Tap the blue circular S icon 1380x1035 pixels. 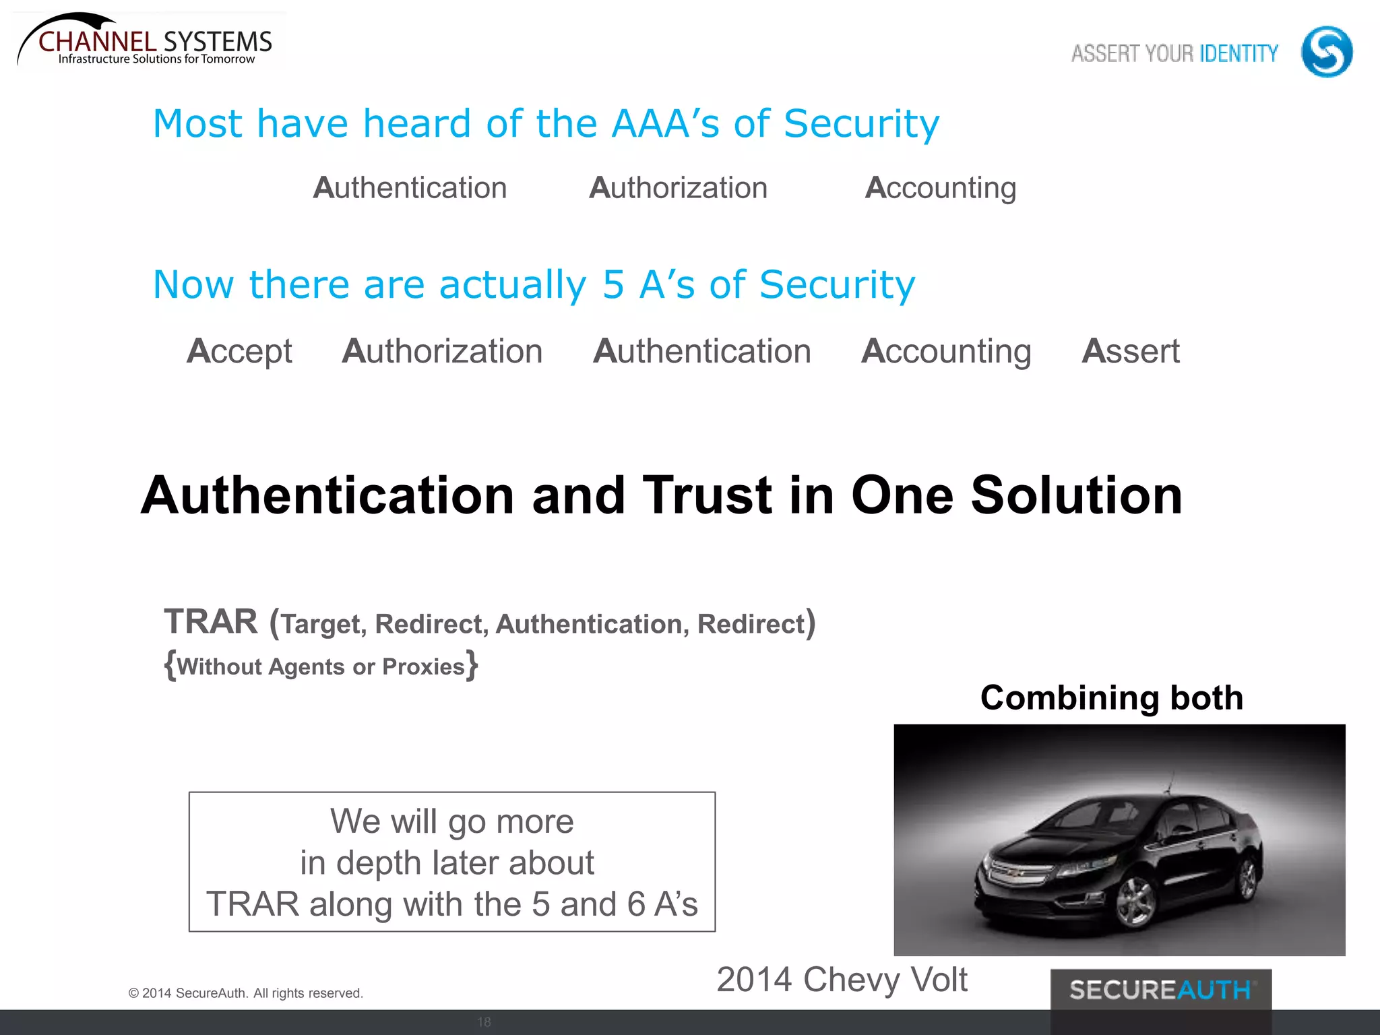[1326, 52]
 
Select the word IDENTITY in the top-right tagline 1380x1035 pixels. [1238, 53]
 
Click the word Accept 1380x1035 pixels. [239, 352]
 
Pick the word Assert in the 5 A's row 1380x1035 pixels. [1130, 352]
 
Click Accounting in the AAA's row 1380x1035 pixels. [940, 188]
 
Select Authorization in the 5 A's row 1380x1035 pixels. [442, 352]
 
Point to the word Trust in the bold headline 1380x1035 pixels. [707, 495]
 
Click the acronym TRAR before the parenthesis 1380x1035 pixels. [211, 621]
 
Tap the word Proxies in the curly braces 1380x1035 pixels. [423, 666]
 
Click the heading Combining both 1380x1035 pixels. [1111, 697]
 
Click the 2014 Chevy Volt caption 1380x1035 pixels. [842, 979]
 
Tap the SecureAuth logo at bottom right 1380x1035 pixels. [1160, 990]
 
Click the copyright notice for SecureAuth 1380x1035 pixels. [245, 993]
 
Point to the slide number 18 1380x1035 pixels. [484, 1022]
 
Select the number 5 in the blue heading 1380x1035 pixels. [613, 284]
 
